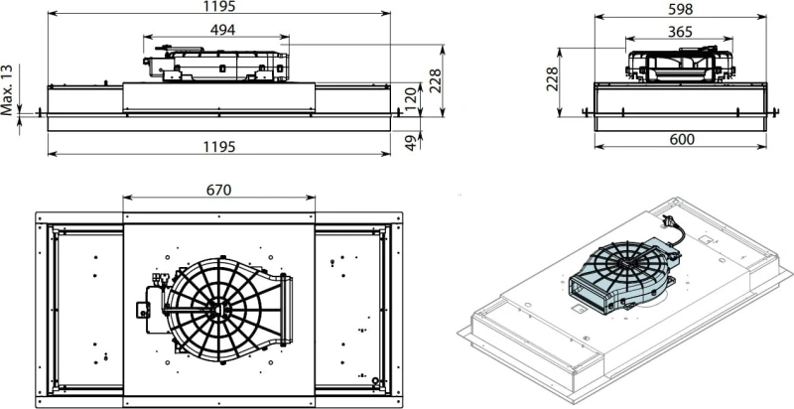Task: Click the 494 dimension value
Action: tap(222, 30)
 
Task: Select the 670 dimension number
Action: tap(218, 190)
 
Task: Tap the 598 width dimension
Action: tap(680, 9)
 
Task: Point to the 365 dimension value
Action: tap(680, 32)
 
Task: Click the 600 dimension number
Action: tap(682, 139)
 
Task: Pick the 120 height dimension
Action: tap(411, 99)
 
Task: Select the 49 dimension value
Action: tap(412, 142)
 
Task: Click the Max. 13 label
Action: tap(7, 89)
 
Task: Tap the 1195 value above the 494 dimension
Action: tap(219, 6)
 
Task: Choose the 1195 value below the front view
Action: tap(219, 147)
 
